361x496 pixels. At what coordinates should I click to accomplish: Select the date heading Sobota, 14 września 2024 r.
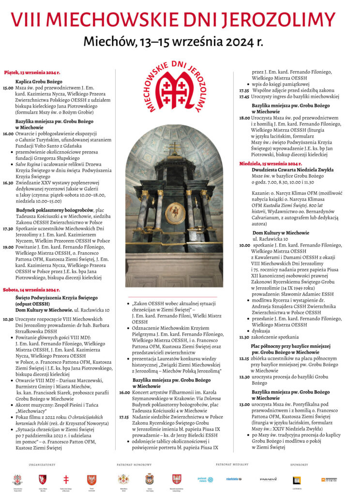tap(30, 289)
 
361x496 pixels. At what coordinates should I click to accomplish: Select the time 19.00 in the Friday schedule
tap(8, 247)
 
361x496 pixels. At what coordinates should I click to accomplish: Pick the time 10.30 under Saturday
tap(8, 319)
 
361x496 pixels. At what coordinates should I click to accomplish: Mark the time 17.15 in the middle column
tap(124, 416)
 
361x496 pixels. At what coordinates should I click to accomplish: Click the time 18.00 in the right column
tap(244, 118)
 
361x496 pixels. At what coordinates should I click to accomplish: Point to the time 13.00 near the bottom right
tap(244, 404)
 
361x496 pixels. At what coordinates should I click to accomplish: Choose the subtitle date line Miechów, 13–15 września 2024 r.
tap(173, 42)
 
